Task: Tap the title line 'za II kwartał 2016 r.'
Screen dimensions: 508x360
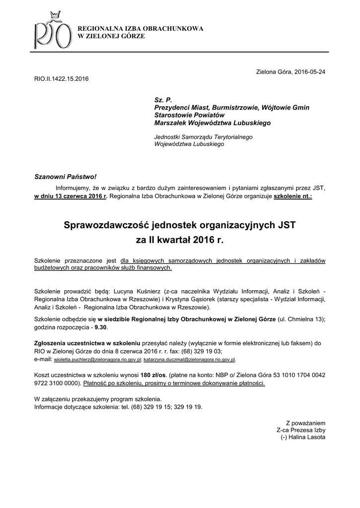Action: [180, 241]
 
